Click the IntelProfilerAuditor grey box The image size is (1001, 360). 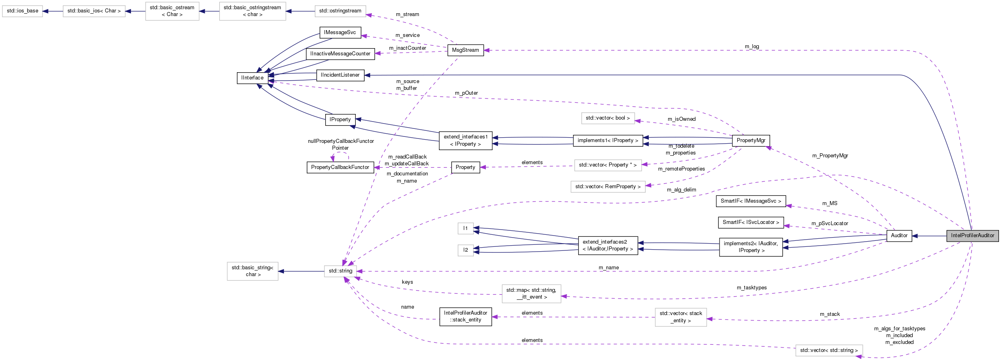[972, 236]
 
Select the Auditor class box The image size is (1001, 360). [899, 236]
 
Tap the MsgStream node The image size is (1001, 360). [465, 50]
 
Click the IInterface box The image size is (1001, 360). [252, 78]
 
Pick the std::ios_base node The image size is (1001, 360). [22, 11]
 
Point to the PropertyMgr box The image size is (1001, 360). [751, 140]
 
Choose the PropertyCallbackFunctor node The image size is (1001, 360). [340, 167]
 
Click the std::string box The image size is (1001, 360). [340, 271]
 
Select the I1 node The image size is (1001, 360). [465, 228]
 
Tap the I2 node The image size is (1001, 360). [465, 250]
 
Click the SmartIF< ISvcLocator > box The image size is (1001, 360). [750, 222]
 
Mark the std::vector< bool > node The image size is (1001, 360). [608, 118]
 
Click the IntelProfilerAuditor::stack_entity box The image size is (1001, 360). [465, 317]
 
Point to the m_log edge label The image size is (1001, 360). [752, 47]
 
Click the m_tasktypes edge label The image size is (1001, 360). [751, 288]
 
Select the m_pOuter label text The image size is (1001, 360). [466, 93]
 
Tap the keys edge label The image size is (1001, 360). [407, 282]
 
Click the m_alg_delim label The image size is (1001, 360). [681, 190]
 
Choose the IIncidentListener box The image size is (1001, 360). [340, 75]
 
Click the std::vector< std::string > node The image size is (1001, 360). [829, 350]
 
